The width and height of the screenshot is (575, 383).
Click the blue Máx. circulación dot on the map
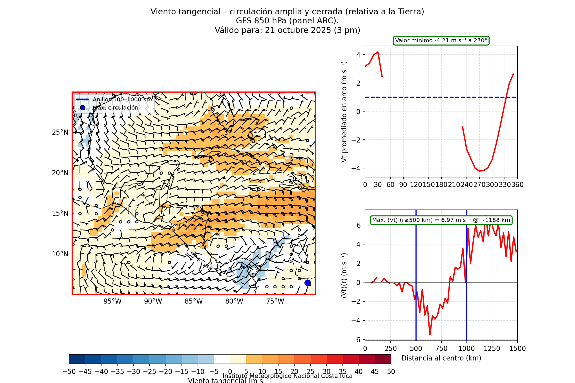[x=308, y=283]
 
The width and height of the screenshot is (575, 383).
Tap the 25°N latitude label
[x=60, y=132]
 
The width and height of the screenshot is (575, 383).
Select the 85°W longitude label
[x=194, y=301]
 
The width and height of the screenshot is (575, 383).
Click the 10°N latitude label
[x=60, y=254]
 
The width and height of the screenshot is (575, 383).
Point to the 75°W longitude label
[x=275, y=301]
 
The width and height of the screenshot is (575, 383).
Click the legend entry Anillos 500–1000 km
[x=122, y=99]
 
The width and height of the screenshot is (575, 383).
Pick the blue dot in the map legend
[x=83, y=108]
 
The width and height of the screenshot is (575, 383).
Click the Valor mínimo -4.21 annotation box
[x=441, y=41]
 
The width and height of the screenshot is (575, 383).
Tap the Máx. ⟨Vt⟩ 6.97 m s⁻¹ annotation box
[x=441, y=220]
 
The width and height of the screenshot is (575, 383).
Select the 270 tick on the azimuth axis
[x=479, y=185]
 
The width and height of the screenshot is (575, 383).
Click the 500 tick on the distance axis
[x=416, y=349]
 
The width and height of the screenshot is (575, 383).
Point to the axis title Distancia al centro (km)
[x=441, y=358]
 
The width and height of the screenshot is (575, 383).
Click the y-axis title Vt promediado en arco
[x=344, y=112]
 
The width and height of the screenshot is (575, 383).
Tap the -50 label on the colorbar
[x=69, y=372]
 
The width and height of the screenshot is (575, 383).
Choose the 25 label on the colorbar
[x=310, y=372]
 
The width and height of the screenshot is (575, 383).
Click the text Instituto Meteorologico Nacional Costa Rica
[x=287, y=376]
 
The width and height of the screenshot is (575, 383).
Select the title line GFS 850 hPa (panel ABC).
[x=287, y=21]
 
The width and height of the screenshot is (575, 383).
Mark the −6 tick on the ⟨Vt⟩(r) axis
[x=356, y=340]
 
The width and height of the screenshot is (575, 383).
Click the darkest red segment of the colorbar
[x=383, y=359]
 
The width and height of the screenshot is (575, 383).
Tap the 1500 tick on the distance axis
[x=517, y=349]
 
